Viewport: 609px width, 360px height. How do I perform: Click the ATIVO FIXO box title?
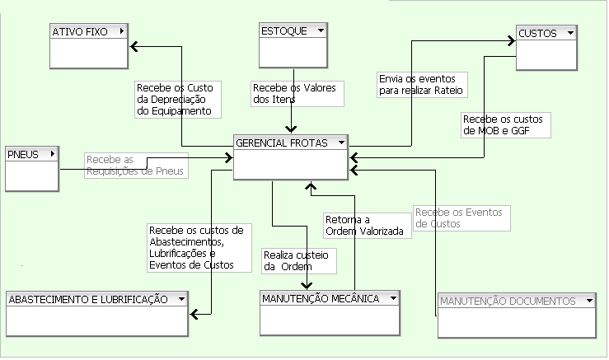point(80,31)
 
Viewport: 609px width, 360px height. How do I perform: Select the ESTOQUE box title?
point(284,30)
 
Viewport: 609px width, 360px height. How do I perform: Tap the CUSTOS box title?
point(537,33)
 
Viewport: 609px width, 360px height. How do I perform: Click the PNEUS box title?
point(23,154)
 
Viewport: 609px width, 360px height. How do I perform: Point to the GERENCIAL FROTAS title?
point(282,143)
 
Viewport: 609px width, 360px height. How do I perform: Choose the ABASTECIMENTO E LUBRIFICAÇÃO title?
point(88,299)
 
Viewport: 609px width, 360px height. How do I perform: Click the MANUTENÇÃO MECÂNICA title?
point(320,298)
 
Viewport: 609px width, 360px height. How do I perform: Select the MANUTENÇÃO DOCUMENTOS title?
point(507,302)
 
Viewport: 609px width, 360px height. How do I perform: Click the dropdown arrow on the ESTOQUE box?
point(320,30)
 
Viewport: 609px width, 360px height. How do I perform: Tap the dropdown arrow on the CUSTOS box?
point(569,33)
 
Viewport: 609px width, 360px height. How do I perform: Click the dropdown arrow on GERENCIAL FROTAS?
point(340,143)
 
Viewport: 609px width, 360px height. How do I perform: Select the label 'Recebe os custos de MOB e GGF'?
point(504,124)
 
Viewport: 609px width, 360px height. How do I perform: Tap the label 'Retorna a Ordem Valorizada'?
point(367,226)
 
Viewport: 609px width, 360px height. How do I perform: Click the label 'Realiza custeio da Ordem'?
point(297,261)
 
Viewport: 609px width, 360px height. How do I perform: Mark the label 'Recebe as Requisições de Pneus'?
point(134,165)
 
